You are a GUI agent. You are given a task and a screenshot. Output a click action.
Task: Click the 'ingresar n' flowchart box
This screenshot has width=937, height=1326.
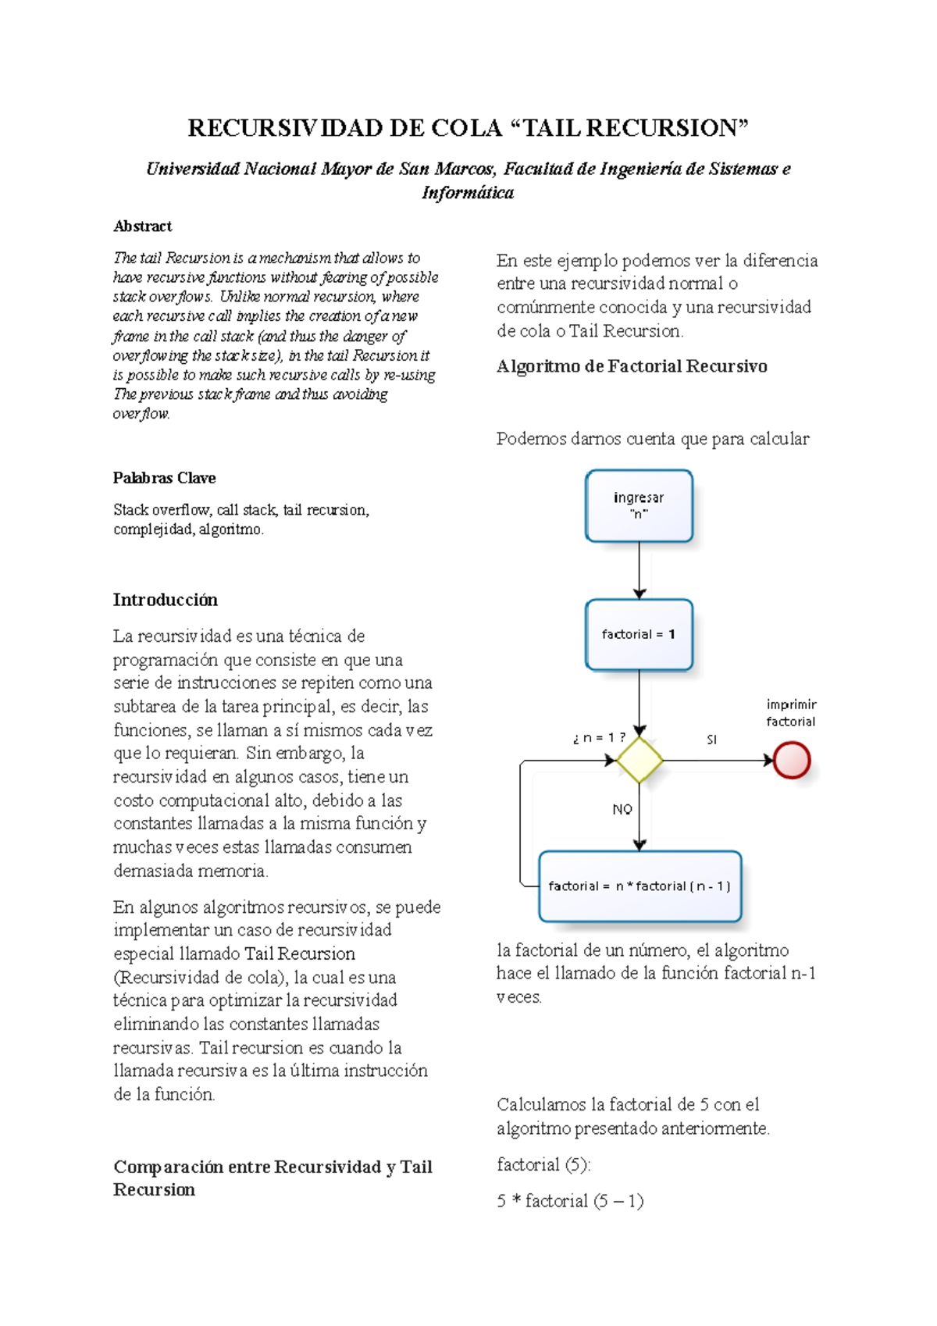click(x=639, y=505)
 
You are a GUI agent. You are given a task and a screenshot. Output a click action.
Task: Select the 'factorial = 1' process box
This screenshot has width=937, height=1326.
click(x=639, y=634)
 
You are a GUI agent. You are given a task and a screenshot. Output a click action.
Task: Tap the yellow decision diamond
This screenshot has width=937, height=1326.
click(x=640, y=760)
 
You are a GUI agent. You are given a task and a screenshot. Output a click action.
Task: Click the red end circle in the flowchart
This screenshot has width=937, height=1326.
click(x=791, y=760)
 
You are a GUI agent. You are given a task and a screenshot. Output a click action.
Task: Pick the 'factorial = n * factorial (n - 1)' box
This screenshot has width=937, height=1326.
click(x=640, y=886)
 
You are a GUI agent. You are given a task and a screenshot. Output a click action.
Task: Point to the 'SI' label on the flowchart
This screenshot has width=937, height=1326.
click(x=711, y=740)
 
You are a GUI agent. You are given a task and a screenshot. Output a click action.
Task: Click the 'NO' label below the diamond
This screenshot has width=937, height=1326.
click(x=622, y=809)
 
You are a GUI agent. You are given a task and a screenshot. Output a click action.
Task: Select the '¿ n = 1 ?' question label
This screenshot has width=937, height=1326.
click(x=599, y=738)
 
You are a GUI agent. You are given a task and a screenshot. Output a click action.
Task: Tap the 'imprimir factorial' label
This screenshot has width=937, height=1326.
click(x=791, y=713)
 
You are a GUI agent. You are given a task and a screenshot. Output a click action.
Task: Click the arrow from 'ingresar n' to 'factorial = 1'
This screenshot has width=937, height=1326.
click(x=640, y=570)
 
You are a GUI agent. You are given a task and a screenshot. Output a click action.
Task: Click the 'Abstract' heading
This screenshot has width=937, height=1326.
click(x=142, y=226)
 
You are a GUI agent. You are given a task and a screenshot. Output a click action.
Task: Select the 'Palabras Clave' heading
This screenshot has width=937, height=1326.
click(x=164, y=478)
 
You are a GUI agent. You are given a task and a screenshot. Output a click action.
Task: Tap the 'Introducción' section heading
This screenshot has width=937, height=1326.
click(x=165, y=600)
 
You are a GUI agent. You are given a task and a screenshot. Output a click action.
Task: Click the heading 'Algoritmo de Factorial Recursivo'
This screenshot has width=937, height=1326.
click(x=632, y=366)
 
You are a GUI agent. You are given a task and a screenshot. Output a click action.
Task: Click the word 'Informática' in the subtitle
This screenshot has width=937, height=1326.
click(x=468, y=193)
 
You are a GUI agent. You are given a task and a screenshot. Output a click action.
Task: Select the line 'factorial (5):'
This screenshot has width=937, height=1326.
click(x=543, y=1164)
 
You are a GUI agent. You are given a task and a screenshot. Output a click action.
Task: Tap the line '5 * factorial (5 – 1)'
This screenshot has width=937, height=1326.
click(x=570, y=1200)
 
